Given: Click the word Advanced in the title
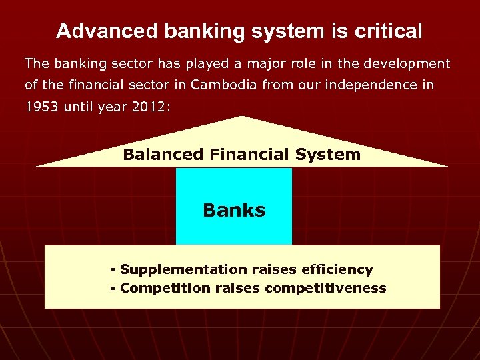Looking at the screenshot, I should pos(99,31).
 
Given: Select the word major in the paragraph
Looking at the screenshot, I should pos(253,63).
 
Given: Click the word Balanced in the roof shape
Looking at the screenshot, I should pos(163,155).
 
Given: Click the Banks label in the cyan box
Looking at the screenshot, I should pos(234,211).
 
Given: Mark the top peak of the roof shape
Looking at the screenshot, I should pos(242,117).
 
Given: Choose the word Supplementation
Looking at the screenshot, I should pos(183,269).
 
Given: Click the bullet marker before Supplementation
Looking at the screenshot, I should pos(114,270).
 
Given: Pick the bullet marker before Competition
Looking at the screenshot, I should pos(114,289).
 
